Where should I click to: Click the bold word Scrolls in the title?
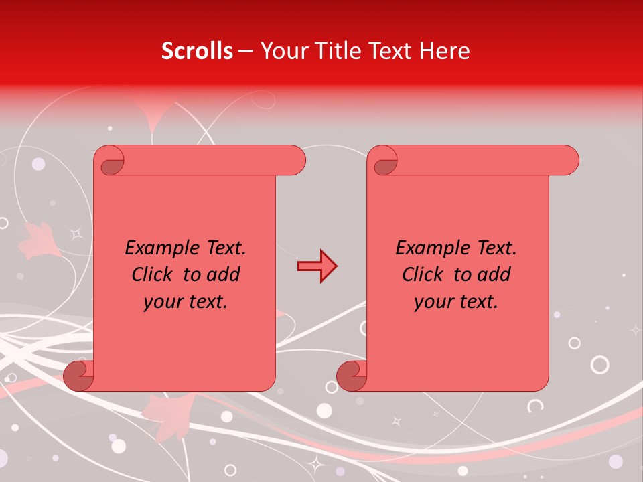click(198, 50)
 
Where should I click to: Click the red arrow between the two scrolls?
click(317, 266)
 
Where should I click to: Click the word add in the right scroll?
click(496, 274)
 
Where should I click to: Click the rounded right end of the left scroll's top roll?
click(295, 161)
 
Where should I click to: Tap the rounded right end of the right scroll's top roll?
click(568, 161)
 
